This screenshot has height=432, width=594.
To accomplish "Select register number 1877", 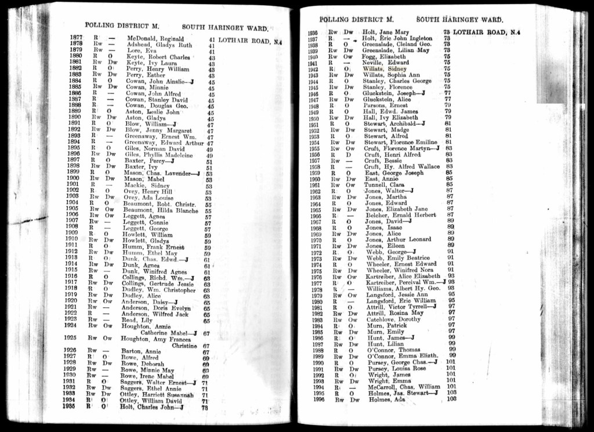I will coord(75,39).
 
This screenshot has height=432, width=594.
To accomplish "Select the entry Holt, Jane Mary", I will coord(386,32).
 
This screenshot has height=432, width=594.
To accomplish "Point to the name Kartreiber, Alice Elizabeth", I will coord(399,277).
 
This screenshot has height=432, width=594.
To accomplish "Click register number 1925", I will coord(71,337).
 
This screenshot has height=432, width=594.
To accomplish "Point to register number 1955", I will coord(314,148).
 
